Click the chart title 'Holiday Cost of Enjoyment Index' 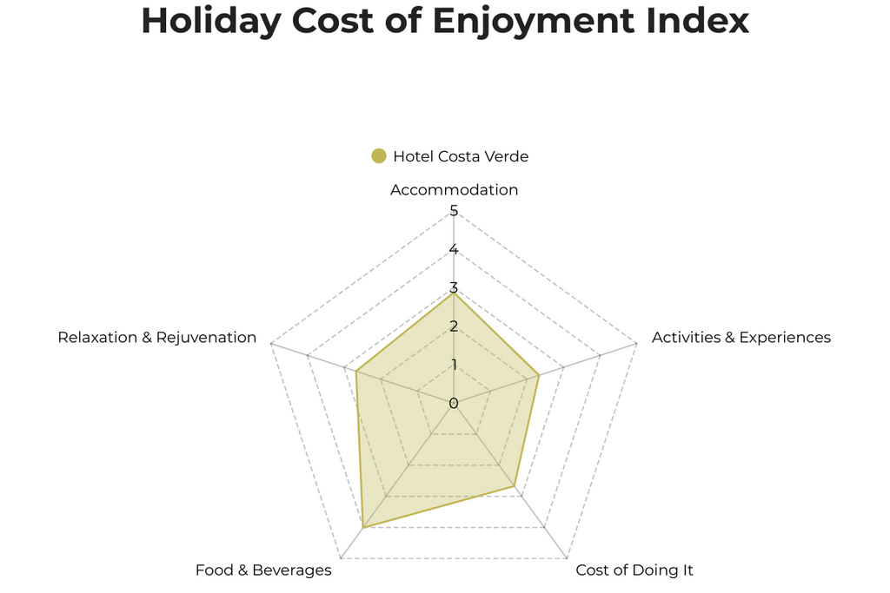point(445,21)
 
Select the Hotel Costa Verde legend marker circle point(378,156)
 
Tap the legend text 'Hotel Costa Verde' point(461,156)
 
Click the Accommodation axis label point(454,190)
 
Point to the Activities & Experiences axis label point(741,337)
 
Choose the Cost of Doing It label point(634,570)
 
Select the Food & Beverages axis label point(263,570)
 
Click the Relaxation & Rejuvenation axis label point(157,337)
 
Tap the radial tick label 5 point(454,211)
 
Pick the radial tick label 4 point(454,250)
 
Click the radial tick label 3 point(454,288)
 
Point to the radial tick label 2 point(454,326)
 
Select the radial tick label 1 point(454,365)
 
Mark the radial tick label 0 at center point(454,403)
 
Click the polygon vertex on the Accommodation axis point(454,293)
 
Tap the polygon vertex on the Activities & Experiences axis point(540,375)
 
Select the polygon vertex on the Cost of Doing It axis point(515,486)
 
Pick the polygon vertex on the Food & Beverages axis point(362,527)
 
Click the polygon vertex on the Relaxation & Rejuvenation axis point(355,372)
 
